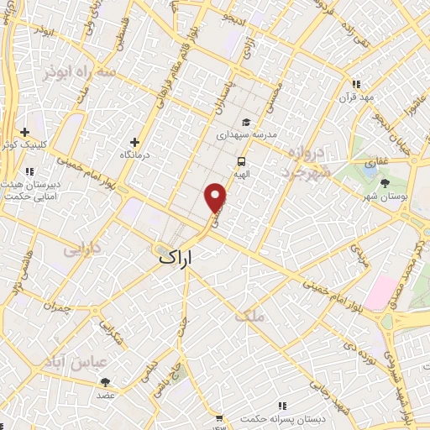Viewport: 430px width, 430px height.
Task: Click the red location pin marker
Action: (216, 197)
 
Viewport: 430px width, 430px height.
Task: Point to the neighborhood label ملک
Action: (250, 316)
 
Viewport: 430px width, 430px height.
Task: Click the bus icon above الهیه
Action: (241, 161)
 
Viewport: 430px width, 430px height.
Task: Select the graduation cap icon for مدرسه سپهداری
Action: (245, 123)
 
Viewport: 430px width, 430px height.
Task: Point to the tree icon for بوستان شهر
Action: (385, 183)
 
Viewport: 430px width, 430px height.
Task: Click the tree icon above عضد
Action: (105, 382)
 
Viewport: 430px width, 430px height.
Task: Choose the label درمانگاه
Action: (136, 155)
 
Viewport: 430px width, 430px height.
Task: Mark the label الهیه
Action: (241, 176)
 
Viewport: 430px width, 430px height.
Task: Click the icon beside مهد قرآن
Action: (356, 84)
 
